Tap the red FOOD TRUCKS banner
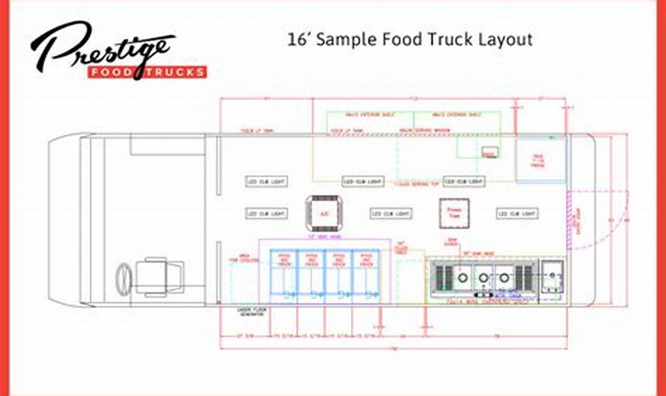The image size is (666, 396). [x=147, y=72]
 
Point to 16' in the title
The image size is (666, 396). [x=299, y=40]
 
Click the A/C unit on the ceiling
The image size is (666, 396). [x=323, y=213]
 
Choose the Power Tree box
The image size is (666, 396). [x=454, y=214]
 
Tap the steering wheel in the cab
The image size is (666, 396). [x=124, y=279]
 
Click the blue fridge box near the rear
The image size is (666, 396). [x=540, y=161]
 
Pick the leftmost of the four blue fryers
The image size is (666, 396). [x=283, y=276]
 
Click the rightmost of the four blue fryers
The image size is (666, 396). [x=366, y=276]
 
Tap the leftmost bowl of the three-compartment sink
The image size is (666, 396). [x=462, y=277]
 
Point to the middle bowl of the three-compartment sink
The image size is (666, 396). [x=483, y=277]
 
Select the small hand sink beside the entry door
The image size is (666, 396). [x=551, y=276]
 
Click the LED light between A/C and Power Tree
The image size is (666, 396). [x=391, y=214]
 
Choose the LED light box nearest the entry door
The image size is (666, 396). [x=517, y=214]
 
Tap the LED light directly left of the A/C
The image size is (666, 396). [x=266, y=214]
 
